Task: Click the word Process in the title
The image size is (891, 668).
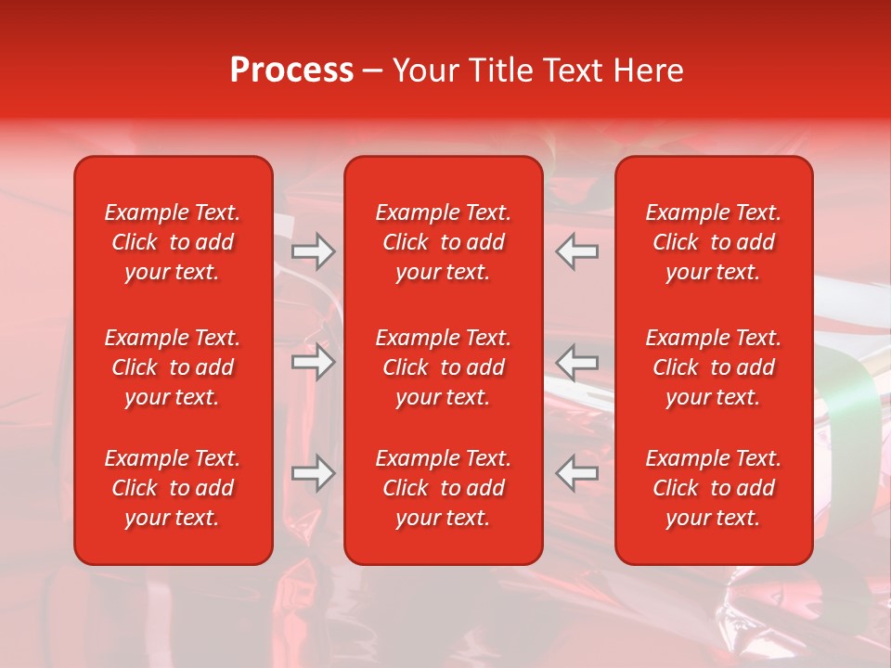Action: pos(291,71)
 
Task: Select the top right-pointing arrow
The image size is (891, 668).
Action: pos(313,251)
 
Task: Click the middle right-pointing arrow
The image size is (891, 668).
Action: pos(313,362)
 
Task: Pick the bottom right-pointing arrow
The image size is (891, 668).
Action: pos(313,473)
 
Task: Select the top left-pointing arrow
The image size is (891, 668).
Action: pos(577,251)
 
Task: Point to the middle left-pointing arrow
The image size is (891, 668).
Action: pos(577,362)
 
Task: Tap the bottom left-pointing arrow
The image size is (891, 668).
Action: pos(577,473)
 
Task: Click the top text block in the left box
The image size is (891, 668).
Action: pos(173,242)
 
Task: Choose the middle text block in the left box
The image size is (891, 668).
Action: pos(173,367)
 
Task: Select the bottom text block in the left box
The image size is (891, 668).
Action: pos(173,488)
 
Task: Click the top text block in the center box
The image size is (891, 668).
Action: pos(443,242)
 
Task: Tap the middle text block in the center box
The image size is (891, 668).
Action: pos(443,367)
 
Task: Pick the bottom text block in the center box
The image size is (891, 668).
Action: pos(443,488)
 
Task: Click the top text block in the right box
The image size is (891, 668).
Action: pos(713,242)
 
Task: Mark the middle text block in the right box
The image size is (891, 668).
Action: pos(713,367)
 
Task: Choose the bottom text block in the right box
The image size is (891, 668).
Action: pos(713,488)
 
